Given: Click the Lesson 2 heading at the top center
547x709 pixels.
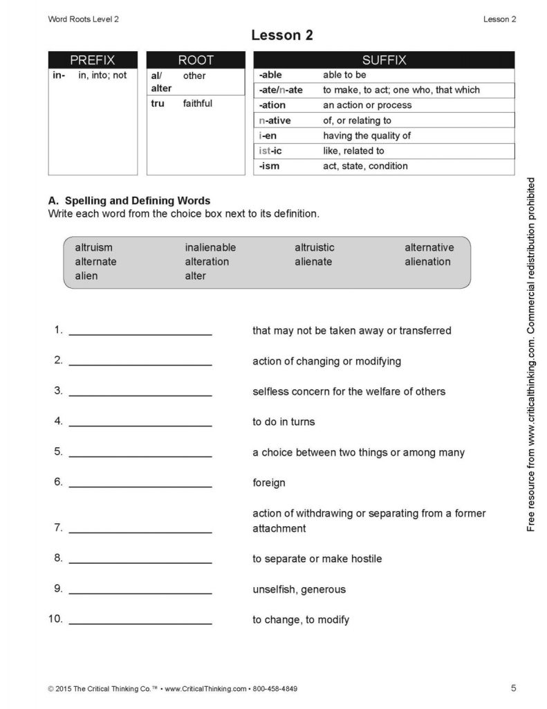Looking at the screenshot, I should (x=281, y=35).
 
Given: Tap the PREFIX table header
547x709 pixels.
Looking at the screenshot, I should (x=93, y=60).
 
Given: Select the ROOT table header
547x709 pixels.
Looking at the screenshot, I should (x=196, y=60).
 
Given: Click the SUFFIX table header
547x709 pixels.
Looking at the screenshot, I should (x=384, y=60).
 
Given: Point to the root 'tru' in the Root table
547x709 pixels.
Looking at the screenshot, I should (x=158, y=104).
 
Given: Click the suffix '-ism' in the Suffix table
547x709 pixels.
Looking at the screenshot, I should (x=270, y=166).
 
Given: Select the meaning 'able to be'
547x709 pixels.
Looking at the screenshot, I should (x=344, y=75).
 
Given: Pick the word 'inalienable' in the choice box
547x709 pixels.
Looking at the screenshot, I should (x=210, y=247).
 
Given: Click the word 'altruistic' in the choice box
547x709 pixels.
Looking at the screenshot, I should (x=315, y=247).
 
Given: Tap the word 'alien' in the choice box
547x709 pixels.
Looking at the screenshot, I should (x=86, y=276).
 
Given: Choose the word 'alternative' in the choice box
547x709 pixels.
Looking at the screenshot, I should (x=429, y=247).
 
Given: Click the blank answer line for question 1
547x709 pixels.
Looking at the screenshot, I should (x=140, y=333).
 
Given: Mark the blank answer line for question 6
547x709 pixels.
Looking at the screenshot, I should (x=140, y=485).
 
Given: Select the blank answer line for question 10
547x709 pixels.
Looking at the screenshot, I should (x=140, y=622).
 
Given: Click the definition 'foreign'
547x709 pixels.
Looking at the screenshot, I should (x=269, y=483).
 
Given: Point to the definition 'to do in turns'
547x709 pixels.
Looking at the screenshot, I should (x=284, y=422).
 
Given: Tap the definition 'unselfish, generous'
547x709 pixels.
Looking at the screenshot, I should (x=299, y=590).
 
